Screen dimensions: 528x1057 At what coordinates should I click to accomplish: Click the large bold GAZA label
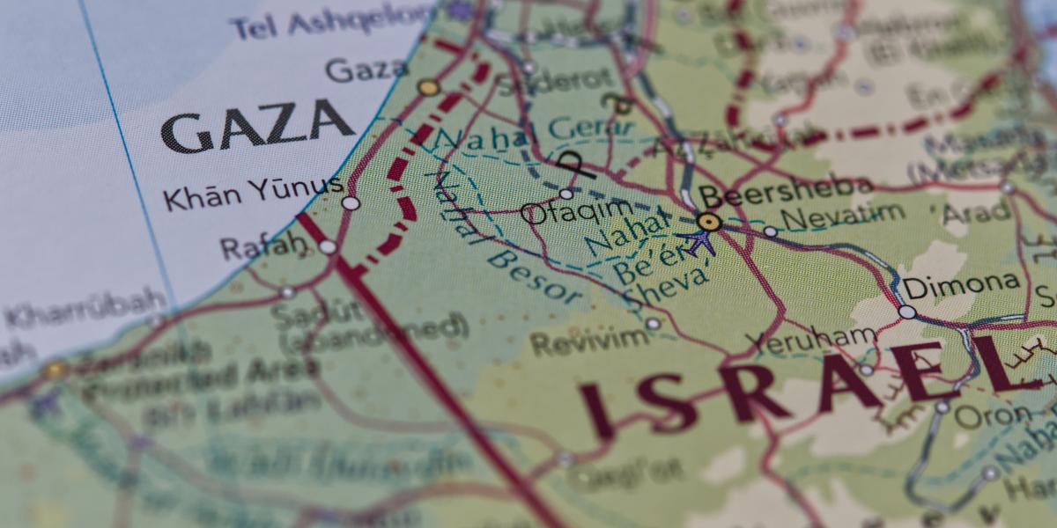(x=257, y=127)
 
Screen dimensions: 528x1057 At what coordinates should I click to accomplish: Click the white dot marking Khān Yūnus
(x=351, y=203)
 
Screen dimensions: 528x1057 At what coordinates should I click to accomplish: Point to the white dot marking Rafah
(x=328, y=247)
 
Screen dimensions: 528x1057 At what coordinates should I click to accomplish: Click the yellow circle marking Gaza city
(x=428, y=87)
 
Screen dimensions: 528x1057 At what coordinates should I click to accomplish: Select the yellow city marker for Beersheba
(x=709, y=222)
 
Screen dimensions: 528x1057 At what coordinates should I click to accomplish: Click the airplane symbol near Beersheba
(x=702, y=240)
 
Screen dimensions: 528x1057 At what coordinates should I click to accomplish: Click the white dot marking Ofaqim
(x=566, y=194)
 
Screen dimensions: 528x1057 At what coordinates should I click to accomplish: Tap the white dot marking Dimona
(x=906, y=312)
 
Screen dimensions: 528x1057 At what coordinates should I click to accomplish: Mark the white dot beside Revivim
(x=652, y=324)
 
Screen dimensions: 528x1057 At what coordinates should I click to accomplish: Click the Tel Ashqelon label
(x=334, y=21)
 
